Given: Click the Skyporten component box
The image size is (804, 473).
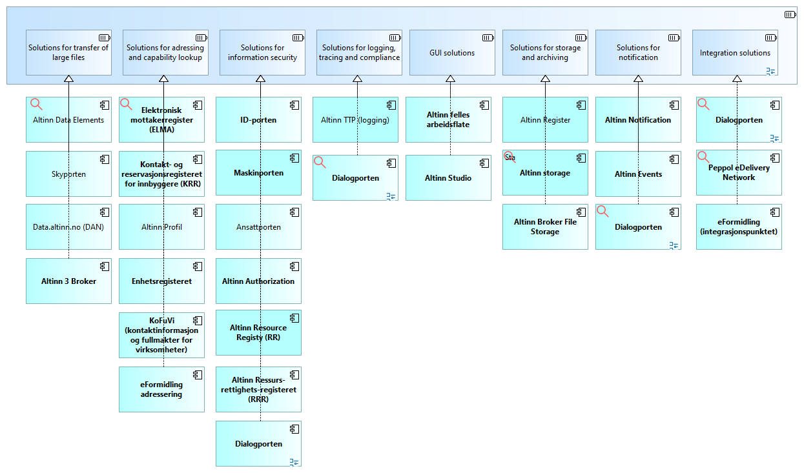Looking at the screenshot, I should [68, 174].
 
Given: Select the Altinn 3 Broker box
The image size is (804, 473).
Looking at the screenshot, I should [68, 281].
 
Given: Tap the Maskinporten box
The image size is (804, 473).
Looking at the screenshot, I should [258, 173].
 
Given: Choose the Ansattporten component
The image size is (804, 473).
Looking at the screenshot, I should [258, 227].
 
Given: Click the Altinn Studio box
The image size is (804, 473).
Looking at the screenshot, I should [448, 178].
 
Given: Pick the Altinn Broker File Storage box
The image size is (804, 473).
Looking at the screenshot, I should [545, 226].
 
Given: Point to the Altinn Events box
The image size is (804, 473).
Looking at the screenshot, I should [638, 174].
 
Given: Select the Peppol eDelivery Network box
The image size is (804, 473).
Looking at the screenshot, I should [739, 173].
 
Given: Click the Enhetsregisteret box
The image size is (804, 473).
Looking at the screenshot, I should [161, 281].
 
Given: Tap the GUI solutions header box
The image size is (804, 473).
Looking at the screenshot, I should [452, 53].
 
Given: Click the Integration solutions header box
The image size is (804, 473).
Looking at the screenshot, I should [735, 53].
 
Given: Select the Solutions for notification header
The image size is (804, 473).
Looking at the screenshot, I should [638, 53].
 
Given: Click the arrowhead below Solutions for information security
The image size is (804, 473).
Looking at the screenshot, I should [261, 79].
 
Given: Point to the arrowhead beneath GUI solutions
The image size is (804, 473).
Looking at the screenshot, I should [451, 79].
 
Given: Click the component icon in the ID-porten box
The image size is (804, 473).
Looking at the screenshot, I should [294, 104].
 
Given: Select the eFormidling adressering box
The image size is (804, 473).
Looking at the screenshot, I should [161, 390].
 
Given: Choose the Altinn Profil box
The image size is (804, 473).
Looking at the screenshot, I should [161, 227].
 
